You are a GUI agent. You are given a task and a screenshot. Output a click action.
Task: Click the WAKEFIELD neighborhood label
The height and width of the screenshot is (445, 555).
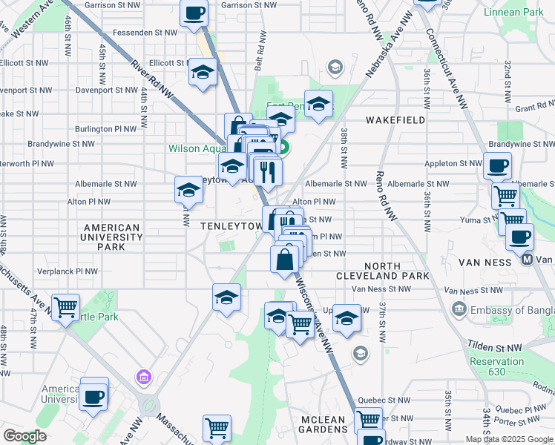click(395, 119)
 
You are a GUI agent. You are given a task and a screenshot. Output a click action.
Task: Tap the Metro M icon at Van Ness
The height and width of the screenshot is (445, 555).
click(528, 260)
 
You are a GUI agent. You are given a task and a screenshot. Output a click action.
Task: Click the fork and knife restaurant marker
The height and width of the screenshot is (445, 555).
click(268, 171)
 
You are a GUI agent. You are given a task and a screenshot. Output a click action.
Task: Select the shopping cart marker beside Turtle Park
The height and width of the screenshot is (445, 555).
click(66, 306)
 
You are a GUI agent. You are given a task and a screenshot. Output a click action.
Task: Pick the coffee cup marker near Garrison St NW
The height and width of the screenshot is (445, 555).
click(194, 13)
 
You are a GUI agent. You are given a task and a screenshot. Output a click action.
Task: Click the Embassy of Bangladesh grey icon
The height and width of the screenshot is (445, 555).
click(459, 308)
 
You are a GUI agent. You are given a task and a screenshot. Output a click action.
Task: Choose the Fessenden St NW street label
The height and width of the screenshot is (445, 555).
click(144, 33)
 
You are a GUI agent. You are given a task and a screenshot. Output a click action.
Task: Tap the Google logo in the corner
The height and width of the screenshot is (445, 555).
click(25, 435)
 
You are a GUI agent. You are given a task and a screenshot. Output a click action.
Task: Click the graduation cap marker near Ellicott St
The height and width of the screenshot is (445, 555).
click(203, 73)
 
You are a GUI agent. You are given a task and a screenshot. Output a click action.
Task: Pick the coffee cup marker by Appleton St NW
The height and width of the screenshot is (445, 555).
click(497, 165)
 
